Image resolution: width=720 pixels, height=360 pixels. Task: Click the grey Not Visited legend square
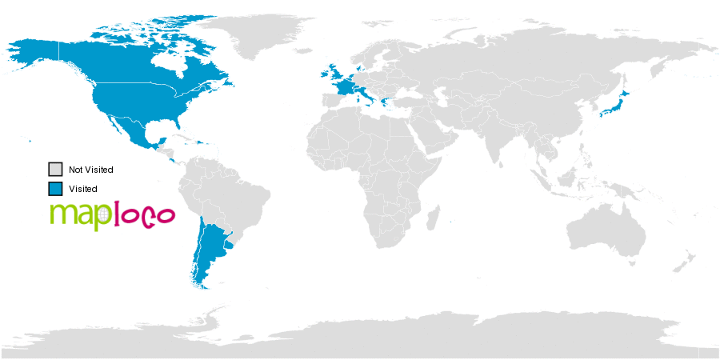pyautogui.click(x=55, y=170)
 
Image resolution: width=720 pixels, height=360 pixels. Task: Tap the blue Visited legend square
pyautogui.click(x=55, y=189)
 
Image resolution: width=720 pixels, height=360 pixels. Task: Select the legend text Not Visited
pyautogui.click(x=91, y=170)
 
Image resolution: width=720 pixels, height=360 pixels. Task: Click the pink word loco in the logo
pyautogui.click(x=145, y=215)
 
